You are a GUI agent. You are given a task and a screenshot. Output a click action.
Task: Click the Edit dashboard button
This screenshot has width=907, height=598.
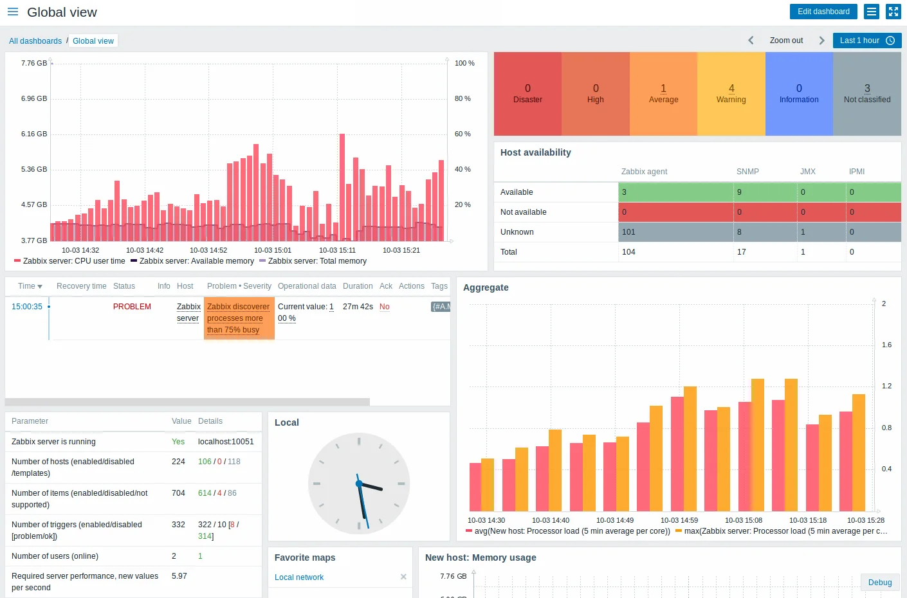point(823,12)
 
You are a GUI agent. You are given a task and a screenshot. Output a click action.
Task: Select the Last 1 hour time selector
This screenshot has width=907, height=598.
point(866,41)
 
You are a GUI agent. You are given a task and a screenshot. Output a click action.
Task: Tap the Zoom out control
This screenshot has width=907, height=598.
point(786,41)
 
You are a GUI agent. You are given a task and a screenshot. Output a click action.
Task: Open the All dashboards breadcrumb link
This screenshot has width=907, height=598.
point(35,41)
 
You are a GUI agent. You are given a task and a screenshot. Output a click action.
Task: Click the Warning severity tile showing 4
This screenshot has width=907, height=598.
point(731,94)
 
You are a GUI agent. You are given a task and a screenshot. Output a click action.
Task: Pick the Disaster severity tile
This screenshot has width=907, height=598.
point(527,94)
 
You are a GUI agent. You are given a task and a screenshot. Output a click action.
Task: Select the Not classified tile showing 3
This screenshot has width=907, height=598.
point(866,94)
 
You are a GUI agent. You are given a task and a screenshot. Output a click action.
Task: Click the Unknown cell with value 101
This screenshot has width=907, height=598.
point(675,232)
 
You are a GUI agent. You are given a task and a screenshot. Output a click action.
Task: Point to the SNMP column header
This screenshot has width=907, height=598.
point(747,172)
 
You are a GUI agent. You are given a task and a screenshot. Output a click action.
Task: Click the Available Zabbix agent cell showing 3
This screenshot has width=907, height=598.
point(675,192)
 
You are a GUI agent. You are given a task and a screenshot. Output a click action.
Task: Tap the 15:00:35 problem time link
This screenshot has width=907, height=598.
point(27,307)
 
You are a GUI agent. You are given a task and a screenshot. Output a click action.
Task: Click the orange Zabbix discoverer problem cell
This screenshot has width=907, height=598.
point(239,318)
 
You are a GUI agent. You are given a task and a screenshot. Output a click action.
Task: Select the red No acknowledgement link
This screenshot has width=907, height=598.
point(384,307)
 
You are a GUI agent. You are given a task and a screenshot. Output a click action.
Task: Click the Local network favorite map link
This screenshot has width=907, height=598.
point(299,577)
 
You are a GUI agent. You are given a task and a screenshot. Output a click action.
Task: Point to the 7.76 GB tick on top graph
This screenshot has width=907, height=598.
point(33,63)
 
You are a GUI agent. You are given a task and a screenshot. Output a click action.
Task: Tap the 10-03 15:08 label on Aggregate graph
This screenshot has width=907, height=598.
point(743,520)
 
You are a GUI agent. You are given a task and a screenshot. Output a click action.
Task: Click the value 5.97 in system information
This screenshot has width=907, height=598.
point(179,576)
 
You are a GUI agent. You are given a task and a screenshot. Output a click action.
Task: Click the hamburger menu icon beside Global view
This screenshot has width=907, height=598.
point(13,12)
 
